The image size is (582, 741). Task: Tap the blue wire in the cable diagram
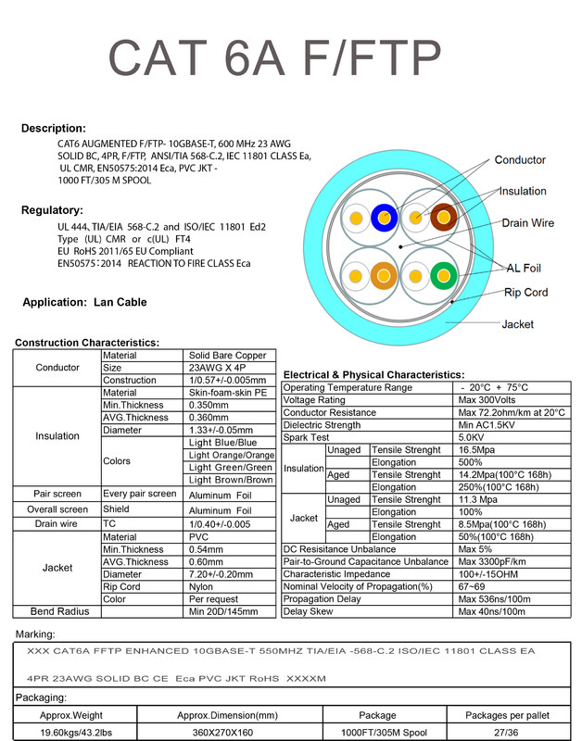pyautogui.click(x=383, y=219)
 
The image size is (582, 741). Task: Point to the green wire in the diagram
pyautogui.click(x=443, y=275)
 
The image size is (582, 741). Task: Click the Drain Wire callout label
pyautogui.click(x=527, y=223)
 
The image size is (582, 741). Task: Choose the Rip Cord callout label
pyautogui.click(x=525, y=293)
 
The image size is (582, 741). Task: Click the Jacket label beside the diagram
pyautogui.click(x=517, y=325)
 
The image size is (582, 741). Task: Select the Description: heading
pyautogui.click(x=54, y=128)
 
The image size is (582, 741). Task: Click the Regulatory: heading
pyautogui.click(x=52, y=210)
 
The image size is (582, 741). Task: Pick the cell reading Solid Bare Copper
pyautogui.click(x=228, y=356)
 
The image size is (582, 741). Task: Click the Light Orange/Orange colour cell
pyautogui.click(x=232, y=455)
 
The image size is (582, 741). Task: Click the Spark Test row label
pyautogui.click(x=307, y=437)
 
